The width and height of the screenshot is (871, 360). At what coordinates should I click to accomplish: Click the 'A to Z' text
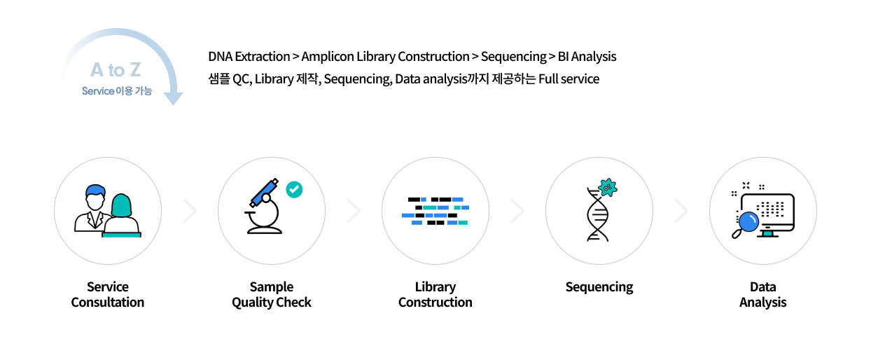[116, 70]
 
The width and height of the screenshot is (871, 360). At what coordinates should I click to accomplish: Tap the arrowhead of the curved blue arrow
[172, 98]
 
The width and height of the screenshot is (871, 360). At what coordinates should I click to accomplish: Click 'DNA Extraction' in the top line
[249, 56]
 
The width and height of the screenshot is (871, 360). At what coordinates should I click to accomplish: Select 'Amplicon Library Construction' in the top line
[385, 56]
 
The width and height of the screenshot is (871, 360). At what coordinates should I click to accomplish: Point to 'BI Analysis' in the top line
[587, 56]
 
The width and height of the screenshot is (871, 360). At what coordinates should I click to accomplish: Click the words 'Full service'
[569, 78]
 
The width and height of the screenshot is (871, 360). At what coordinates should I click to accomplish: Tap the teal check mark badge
[294, 189]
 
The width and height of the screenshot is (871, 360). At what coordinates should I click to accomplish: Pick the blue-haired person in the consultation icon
[93, 207]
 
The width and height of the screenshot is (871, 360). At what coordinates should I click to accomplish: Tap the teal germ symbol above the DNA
[608, 186]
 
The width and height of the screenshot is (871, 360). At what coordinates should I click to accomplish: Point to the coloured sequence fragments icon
[436, 211]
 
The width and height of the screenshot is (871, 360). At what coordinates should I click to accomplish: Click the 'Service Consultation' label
[108, 295]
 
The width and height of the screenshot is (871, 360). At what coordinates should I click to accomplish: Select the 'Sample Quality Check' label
[272, 295]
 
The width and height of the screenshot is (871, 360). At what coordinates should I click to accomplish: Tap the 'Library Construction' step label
[436, 295]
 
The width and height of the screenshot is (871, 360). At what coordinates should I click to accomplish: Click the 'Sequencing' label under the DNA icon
[599, 287]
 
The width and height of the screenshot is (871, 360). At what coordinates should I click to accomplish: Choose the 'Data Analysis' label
[763, 295]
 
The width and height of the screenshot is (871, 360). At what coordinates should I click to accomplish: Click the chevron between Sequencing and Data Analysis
[681, 211]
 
